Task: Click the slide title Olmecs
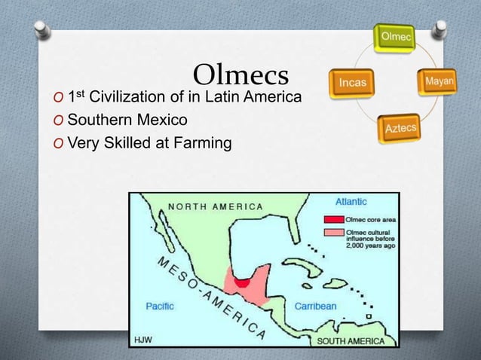241,75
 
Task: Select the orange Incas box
352,81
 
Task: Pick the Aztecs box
401,128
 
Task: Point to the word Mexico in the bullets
161,120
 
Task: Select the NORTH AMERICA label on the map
215,206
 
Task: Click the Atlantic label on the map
351,201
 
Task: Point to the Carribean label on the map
315,306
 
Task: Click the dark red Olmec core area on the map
243,282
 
